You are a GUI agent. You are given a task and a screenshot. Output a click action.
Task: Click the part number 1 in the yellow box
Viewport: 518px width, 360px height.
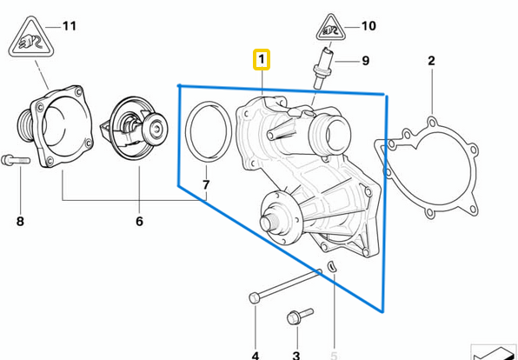262,60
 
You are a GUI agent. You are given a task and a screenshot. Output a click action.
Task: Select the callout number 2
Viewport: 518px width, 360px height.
431,60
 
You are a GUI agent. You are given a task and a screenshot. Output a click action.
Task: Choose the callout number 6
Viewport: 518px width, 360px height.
139,222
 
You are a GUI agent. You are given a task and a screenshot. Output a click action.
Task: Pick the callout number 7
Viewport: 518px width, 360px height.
206,185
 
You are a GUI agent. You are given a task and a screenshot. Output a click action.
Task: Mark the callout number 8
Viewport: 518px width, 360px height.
20,222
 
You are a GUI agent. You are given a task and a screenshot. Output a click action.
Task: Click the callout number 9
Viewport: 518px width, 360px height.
365,61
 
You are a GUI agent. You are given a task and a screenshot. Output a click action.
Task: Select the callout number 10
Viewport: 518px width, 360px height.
369,26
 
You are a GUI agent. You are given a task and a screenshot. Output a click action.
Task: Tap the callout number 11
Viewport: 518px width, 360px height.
69,26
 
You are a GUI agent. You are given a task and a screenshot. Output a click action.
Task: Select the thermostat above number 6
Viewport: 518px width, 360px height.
140,135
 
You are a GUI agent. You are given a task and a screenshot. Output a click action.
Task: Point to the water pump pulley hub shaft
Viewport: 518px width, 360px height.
271,221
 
